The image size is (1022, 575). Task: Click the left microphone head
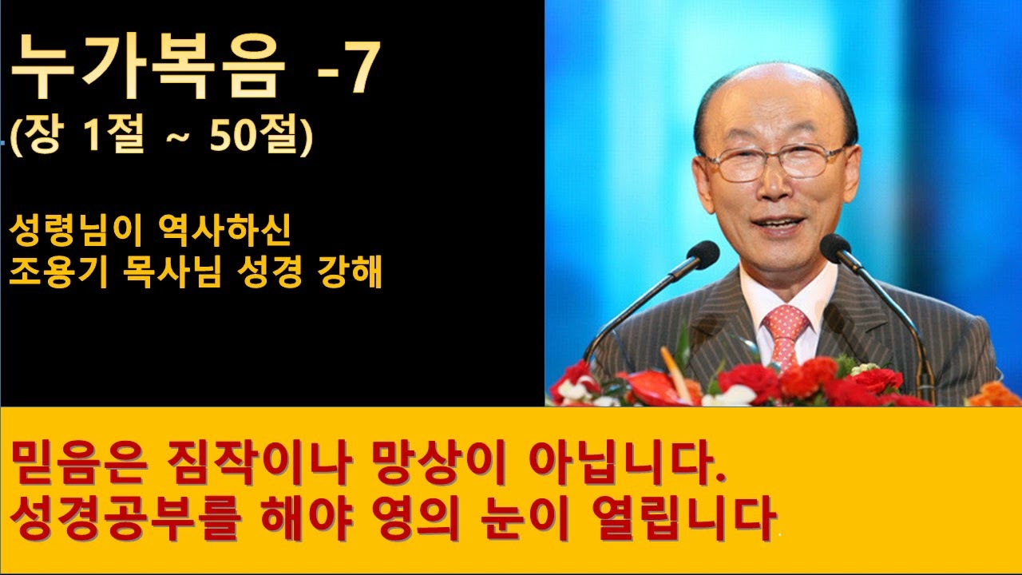pos(702,255)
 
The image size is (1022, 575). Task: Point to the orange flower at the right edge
pos(995,395)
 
